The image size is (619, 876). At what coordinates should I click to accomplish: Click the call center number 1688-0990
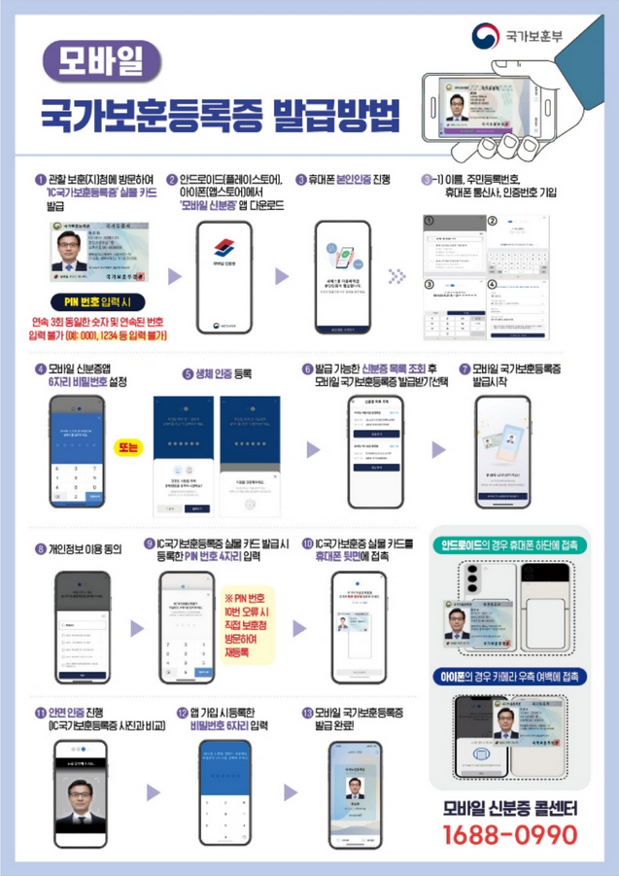510,834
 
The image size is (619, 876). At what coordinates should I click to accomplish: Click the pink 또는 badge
127,446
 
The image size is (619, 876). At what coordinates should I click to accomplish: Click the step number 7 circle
464,369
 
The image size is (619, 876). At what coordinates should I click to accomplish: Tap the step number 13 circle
308,713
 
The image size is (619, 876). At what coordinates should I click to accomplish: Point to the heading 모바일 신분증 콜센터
510,807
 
